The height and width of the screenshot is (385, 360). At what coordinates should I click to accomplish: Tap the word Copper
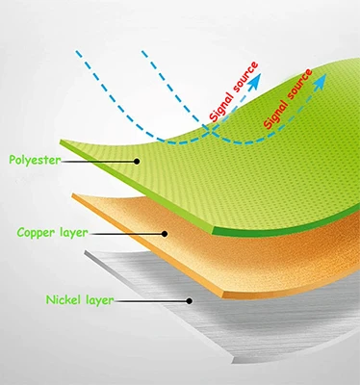click(x=35, y=233)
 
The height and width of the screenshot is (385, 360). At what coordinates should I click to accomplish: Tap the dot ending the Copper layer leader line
click(x=165, y=233)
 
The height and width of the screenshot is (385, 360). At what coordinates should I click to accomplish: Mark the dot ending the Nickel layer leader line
click(x=189, y=300)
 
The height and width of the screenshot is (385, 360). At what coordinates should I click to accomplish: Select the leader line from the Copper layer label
click(x=130, y=233)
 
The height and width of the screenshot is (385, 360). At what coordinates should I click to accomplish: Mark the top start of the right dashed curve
click(x=142, y=50)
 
